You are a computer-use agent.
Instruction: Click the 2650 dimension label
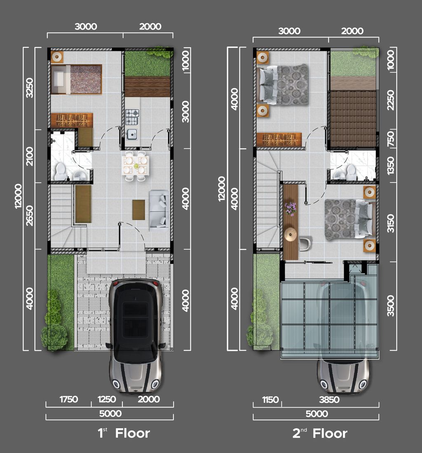(29, 216)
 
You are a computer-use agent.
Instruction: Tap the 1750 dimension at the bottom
(68, 399)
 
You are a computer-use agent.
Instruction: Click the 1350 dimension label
(391, 165)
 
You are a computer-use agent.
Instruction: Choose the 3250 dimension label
(29, 87)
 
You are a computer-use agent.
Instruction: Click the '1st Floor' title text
(124, 433)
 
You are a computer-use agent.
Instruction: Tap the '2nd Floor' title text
(320, 433)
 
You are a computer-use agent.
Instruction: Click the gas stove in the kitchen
(132, 117)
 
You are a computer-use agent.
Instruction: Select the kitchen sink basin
(132, 134)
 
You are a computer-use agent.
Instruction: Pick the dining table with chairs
(136, 166)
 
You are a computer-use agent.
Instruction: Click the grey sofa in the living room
(159, 209)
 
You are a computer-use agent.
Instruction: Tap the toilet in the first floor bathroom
(61, 171)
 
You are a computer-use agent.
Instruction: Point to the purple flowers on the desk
(291, 208)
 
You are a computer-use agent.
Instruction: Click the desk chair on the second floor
(305, 244)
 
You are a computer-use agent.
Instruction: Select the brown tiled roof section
(353, 119)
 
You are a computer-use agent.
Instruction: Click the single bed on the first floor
(76, 79)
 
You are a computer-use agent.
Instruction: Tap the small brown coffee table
(138, 209)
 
